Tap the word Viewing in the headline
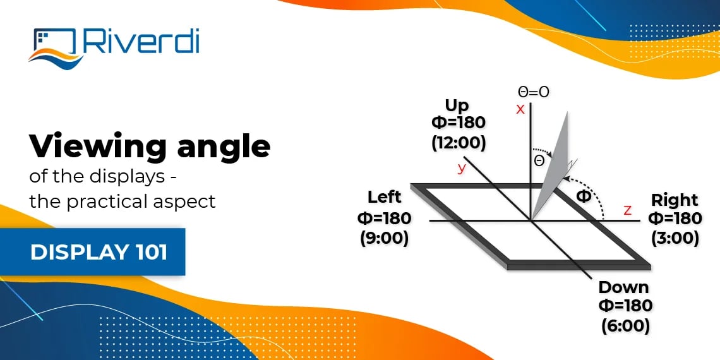(x=95, y=147)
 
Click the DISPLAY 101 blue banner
(x=99, y=252)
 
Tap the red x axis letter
(x=520, y=109)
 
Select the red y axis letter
(x=462, y=167)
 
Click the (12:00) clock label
(x=459, y=143)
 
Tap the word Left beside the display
(x=384, y=197)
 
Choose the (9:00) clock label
(x=384, y=239)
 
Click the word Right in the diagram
(x=675, y=200)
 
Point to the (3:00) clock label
(x=675, y=238)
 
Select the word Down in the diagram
(x=623, y=287)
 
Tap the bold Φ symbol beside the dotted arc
(x=584, y=196)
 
